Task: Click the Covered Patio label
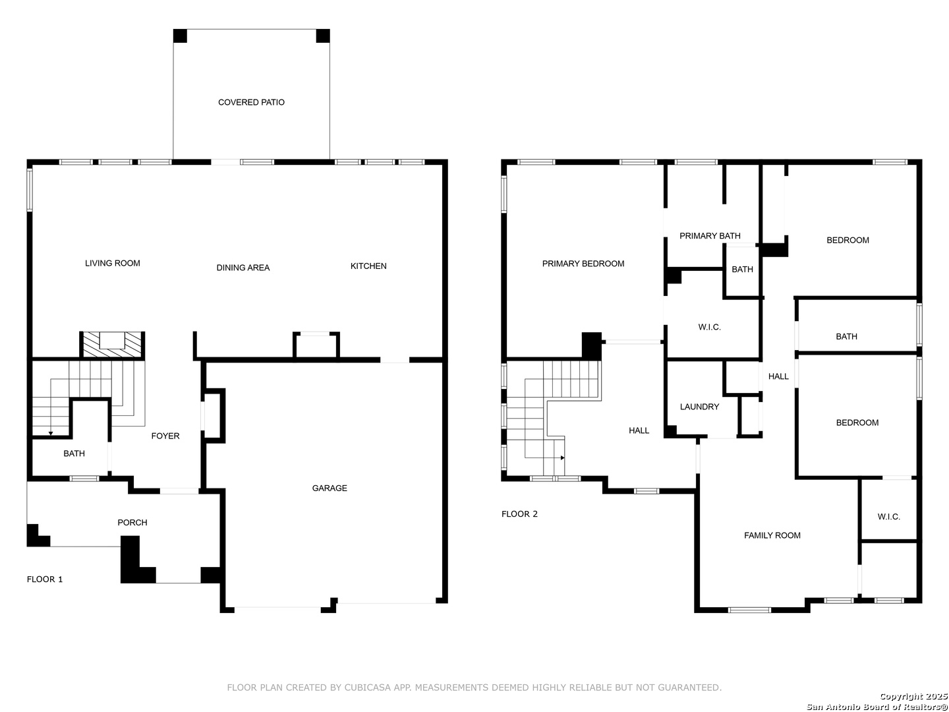click(251, 102)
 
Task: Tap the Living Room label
click(113, 263)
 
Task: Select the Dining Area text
click(243, 268)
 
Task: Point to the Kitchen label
click(368, 266)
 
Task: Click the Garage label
click(330, 488)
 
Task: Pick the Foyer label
click(165, 436)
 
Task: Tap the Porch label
click(132, 523)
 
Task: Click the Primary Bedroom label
click(583, 264)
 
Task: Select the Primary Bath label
click(710, 236)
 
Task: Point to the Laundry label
click(699, 407)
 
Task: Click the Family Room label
click(772, 535)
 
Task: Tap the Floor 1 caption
click(45, 579)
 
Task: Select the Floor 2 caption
click(519, 514)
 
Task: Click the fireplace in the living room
click(112, 345)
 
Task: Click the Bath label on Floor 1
click(74, 454)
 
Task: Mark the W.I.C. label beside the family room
click(889, 517)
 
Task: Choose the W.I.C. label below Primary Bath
click(710, 327)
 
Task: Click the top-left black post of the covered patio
click(180, 36)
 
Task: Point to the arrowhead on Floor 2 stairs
click(563, 458)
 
